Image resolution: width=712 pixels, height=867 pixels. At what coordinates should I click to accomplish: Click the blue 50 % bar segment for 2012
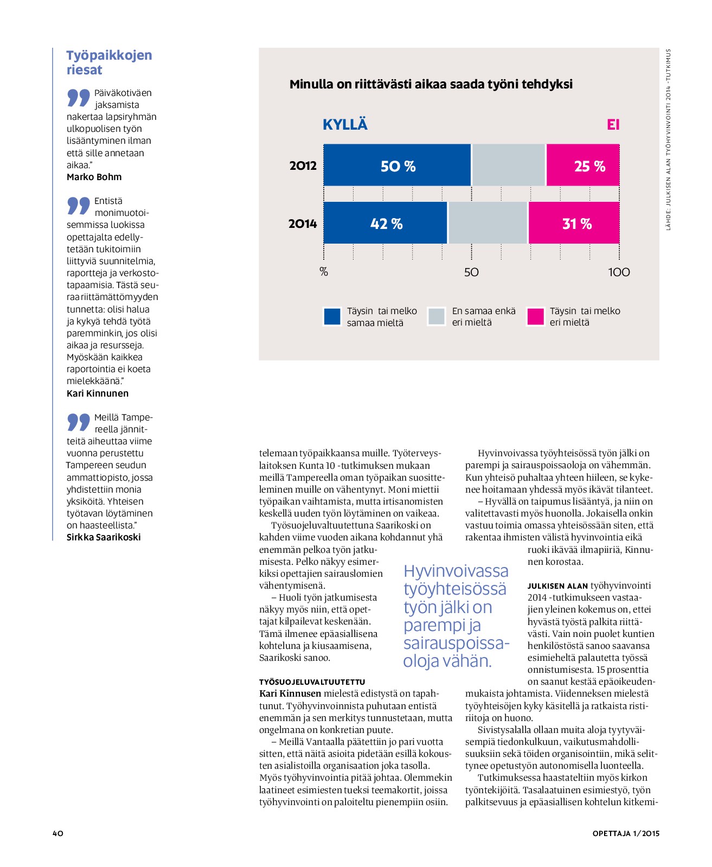tap(397, 165)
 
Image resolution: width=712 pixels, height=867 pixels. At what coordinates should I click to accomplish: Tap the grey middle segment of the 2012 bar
tap(509, 165)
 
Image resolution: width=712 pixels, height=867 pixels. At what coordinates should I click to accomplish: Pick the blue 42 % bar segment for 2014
tap(385, 222)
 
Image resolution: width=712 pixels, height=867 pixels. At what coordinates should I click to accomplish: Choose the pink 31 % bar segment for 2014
tap(574, 222)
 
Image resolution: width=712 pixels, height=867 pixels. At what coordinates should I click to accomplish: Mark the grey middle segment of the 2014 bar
tap(488, 222)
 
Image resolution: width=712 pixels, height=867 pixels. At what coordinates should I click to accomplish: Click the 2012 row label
tap(303, 165)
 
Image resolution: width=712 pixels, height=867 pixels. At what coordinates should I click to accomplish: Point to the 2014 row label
tap(303, 224)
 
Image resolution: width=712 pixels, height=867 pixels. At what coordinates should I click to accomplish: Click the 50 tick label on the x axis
tap(471, 272)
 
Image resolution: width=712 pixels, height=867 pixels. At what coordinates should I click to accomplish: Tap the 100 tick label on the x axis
tap(619, 272)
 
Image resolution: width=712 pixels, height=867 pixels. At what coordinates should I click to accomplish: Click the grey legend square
tap(436, 316)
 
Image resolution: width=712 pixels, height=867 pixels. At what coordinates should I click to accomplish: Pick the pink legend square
tap(535, 316)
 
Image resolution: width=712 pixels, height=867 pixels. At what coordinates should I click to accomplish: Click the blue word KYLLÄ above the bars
tap(345, 124)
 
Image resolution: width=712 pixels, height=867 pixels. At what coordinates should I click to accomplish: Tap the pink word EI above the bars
tap(613, 125)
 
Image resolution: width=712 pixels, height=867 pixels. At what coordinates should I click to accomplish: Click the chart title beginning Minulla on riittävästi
tap(431, 84)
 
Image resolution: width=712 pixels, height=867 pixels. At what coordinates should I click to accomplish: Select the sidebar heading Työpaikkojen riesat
tap(109, 62)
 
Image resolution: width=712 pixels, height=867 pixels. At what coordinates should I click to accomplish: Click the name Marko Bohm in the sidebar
tap(94, 177)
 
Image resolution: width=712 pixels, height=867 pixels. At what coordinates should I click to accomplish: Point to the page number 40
tap(58, 833)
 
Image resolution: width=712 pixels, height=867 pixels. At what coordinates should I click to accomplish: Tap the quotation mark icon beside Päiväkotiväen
tap(79, 98)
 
